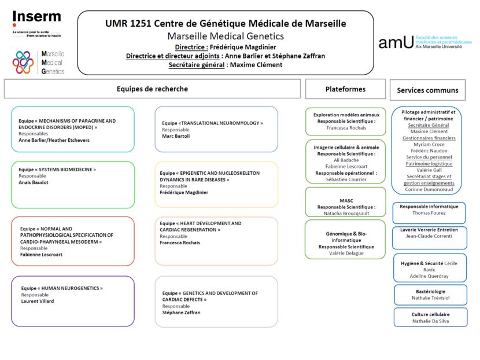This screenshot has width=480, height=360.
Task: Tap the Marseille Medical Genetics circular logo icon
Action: click(x=24, y=62)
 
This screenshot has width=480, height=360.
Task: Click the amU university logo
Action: click(x=396, y=42)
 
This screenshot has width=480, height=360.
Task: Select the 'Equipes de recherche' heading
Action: click(x=152, y=89)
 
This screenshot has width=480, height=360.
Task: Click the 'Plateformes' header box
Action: click(x=345, y=89)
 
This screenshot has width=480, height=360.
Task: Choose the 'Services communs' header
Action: click(x=427, y=90)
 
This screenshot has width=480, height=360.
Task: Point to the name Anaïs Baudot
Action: click(x=34, y=182)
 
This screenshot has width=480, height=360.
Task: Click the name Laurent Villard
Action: click(x=38, y=302)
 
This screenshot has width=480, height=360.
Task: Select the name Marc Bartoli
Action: click(x=176, y=137)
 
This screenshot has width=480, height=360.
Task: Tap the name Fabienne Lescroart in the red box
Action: click(x=41, y=255)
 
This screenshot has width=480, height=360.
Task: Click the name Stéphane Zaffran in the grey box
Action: click(x=181, y=313)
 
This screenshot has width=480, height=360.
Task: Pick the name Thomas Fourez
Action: click(x=429, y=213)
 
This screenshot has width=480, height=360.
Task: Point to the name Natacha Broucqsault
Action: click(x=346, y=214)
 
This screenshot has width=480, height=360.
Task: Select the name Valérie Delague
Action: click(x=346, y=254)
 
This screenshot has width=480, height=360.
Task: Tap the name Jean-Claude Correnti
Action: click(x=429, y=236)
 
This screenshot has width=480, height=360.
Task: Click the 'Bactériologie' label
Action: click(x=429, y=291)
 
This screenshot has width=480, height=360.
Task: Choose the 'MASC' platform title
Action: click(x=346, y=200)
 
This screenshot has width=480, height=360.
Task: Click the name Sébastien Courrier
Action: click(x=346, y=179)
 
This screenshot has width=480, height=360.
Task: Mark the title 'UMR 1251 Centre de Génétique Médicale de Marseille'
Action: click(x=226, y=24)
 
